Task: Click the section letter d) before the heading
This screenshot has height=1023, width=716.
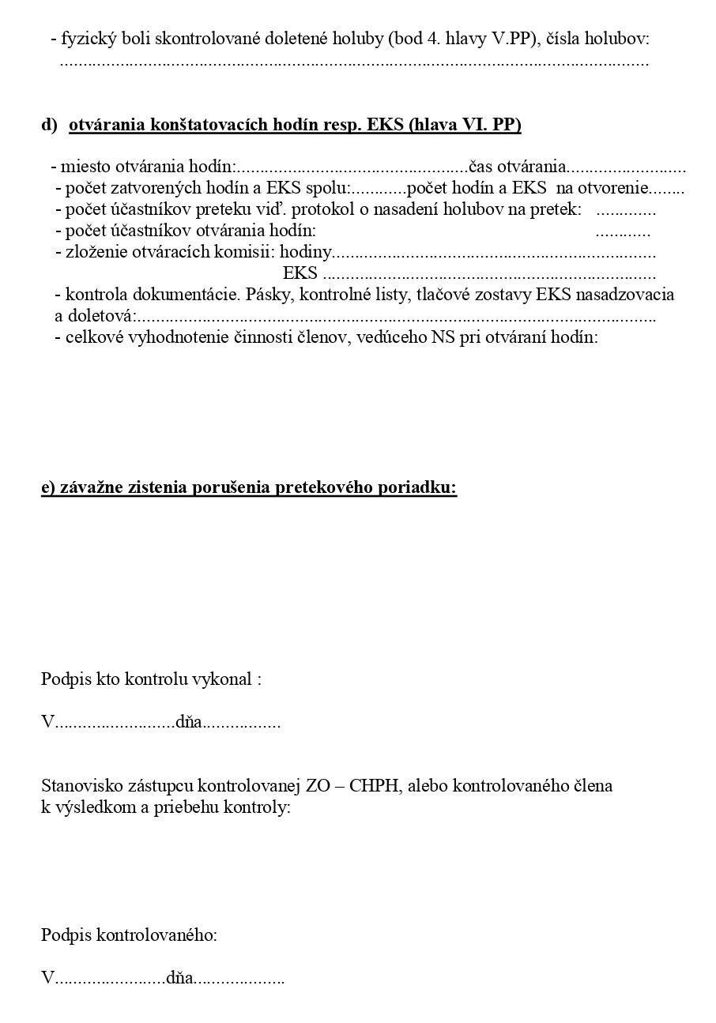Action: (49, 125)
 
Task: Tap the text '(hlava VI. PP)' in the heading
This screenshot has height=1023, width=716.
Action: (465, 125)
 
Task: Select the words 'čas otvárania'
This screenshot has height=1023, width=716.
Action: (518, 167)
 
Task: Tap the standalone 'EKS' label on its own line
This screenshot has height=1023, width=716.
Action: (300, 274)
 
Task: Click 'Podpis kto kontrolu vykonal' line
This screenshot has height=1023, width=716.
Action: (151, 679)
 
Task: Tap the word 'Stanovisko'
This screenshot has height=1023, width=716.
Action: (78, 786)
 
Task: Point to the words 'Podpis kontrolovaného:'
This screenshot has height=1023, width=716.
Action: (129, 935)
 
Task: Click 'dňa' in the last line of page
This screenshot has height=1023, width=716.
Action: (180, 979)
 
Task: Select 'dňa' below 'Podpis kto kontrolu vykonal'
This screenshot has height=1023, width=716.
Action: (189, 722)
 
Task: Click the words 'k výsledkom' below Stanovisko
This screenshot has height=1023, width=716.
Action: (78, 807)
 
